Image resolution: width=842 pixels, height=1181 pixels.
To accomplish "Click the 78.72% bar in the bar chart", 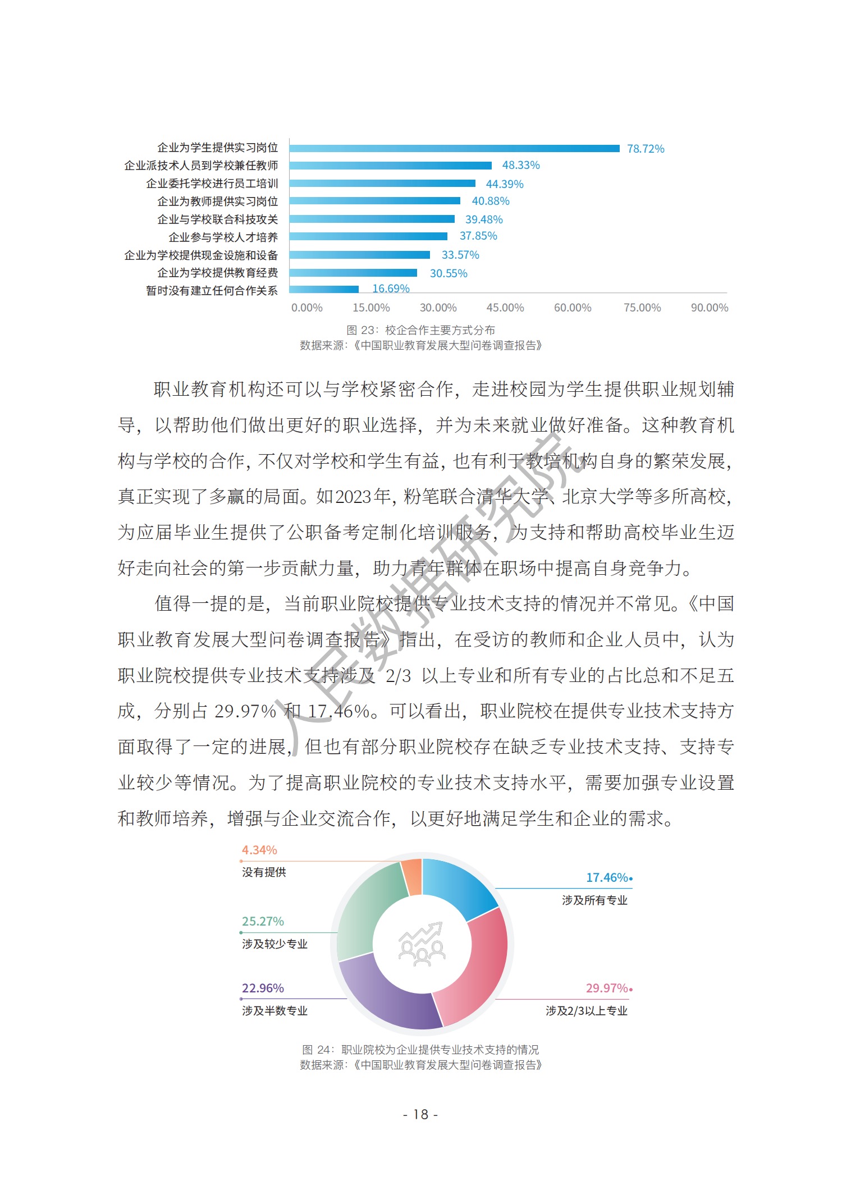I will (x=454, y=149).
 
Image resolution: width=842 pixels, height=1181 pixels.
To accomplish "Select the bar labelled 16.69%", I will (x=324, y=289).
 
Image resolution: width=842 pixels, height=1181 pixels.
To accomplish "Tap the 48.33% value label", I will (x=520, y=166).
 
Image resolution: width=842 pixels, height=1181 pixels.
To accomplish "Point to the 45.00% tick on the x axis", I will (x=505, y=308).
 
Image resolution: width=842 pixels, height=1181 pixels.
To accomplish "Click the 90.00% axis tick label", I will (x=709, y=308).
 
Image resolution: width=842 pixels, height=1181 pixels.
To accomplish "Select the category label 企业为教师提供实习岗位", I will (x=217, y=202).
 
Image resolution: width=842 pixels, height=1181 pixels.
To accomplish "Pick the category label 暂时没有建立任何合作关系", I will (x=212, y=291).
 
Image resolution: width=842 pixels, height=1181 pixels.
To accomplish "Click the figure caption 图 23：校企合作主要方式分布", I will (x=420, y=330).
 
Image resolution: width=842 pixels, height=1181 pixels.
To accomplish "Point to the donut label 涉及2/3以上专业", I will (x=586, y=1011).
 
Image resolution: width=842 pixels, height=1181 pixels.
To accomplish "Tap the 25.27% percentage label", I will (x=263, y=922).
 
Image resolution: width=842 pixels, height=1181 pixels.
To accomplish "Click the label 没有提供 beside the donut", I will (x=264, y=872).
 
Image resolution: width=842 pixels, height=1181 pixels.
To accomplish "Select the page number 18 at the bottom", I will (x=420, y=1114).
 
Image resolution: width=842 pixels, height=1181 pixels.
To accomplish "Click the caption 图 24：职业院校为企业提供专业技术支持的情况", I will (x=420, y=1050).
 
